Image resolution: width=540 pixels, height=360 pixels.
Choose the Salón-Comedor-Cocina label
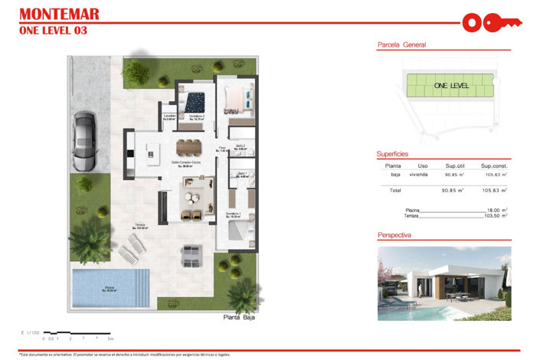[x=186, y=162]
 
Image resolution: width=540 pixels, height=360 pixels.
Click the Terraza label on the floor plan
[x=139, y=225]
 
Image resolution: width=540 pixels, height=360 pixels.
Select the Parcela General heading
[x=401, y=45]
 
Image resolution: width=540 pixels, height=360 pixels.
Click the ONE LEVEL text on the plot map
[x=451, y=86]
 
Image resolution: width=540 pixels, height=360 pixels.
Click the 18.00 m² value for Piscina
[x=498, y=209]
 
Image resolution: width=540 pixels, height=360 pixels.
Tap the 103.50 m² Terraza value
[x=496, y=216]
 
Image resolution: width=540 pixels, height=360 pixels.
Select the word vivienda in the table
[x=418, y=175]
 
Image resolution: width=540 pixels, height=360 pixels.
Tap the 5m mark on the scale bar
[x=110, y=338]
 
